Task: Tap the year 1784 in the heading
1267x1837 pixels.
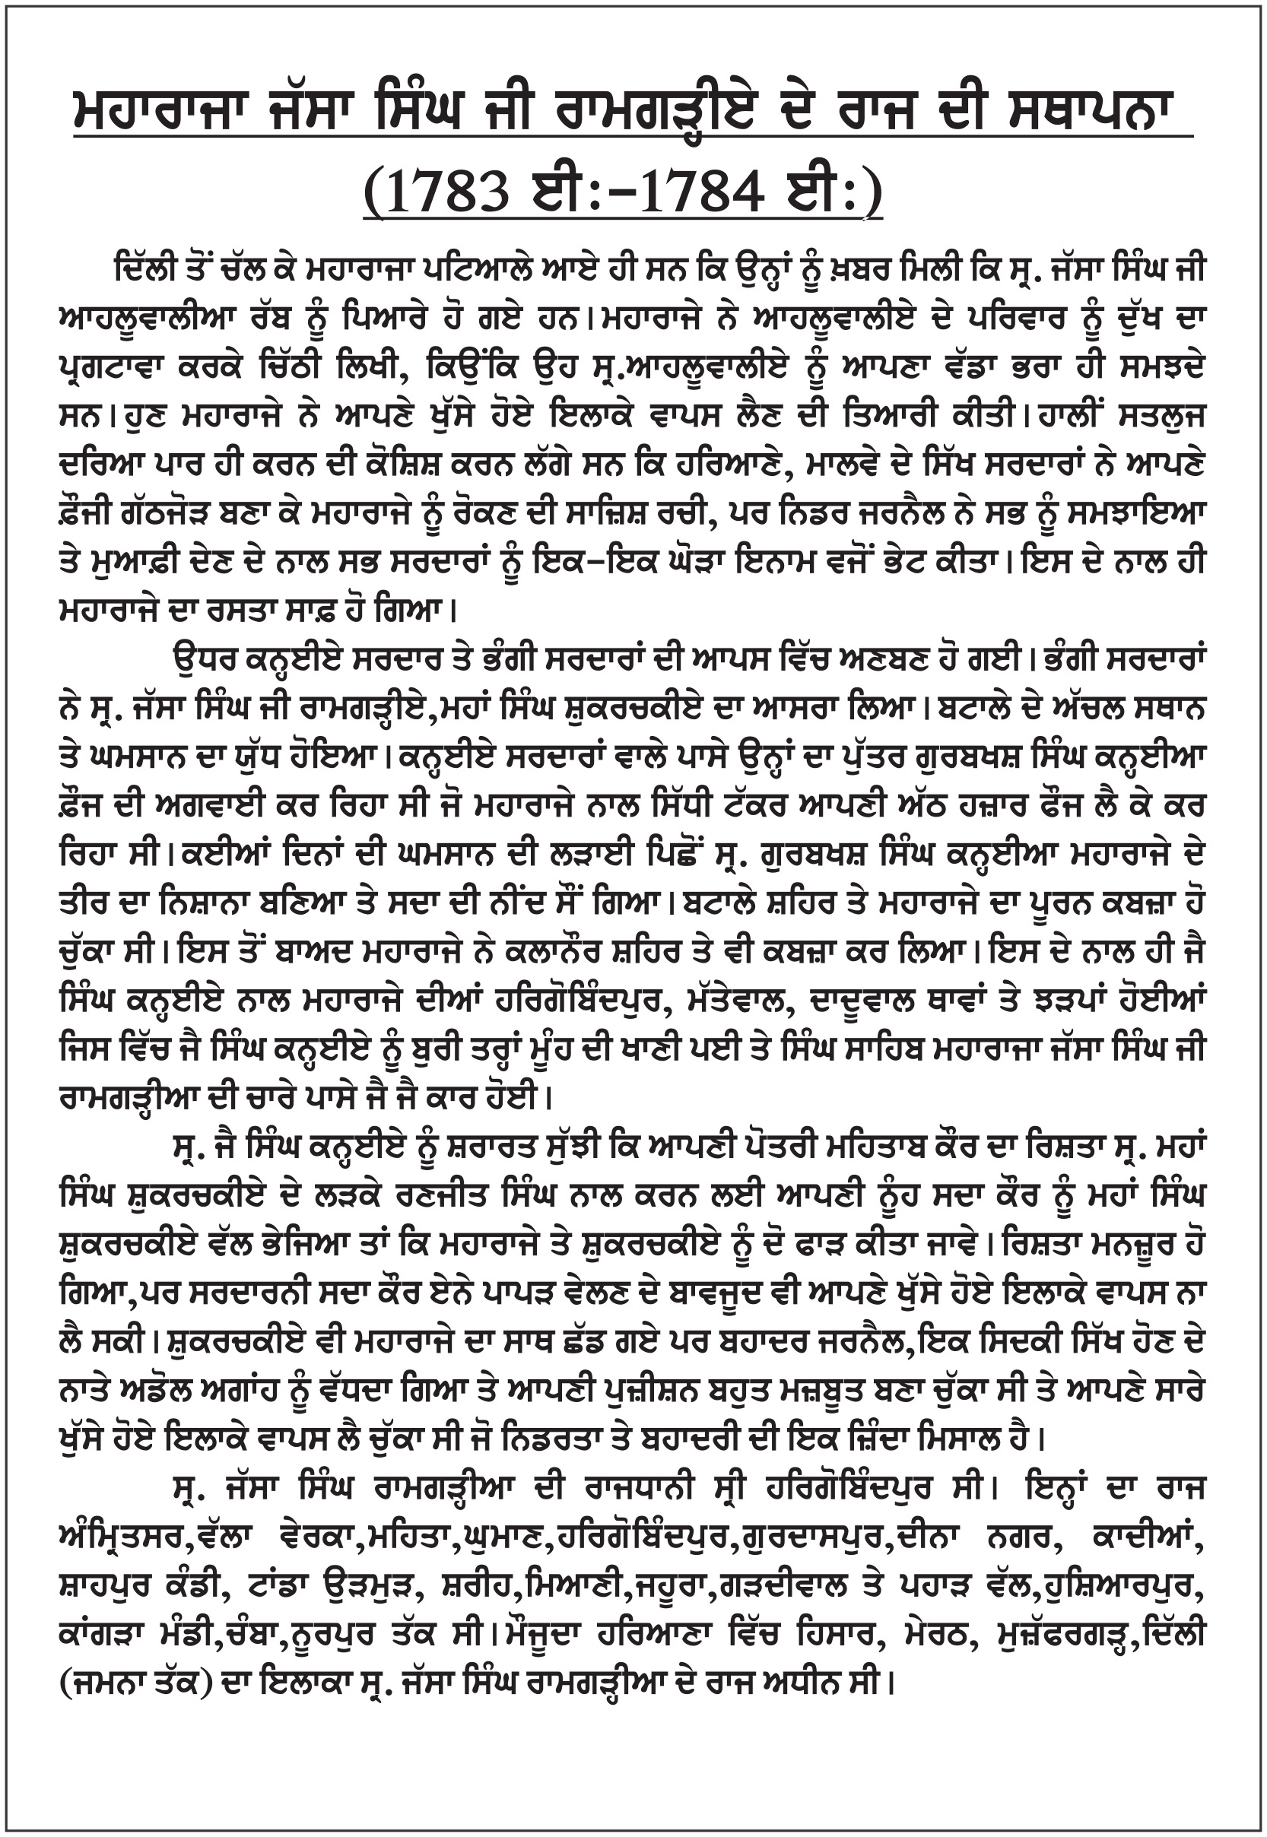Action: click(702, 193)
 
